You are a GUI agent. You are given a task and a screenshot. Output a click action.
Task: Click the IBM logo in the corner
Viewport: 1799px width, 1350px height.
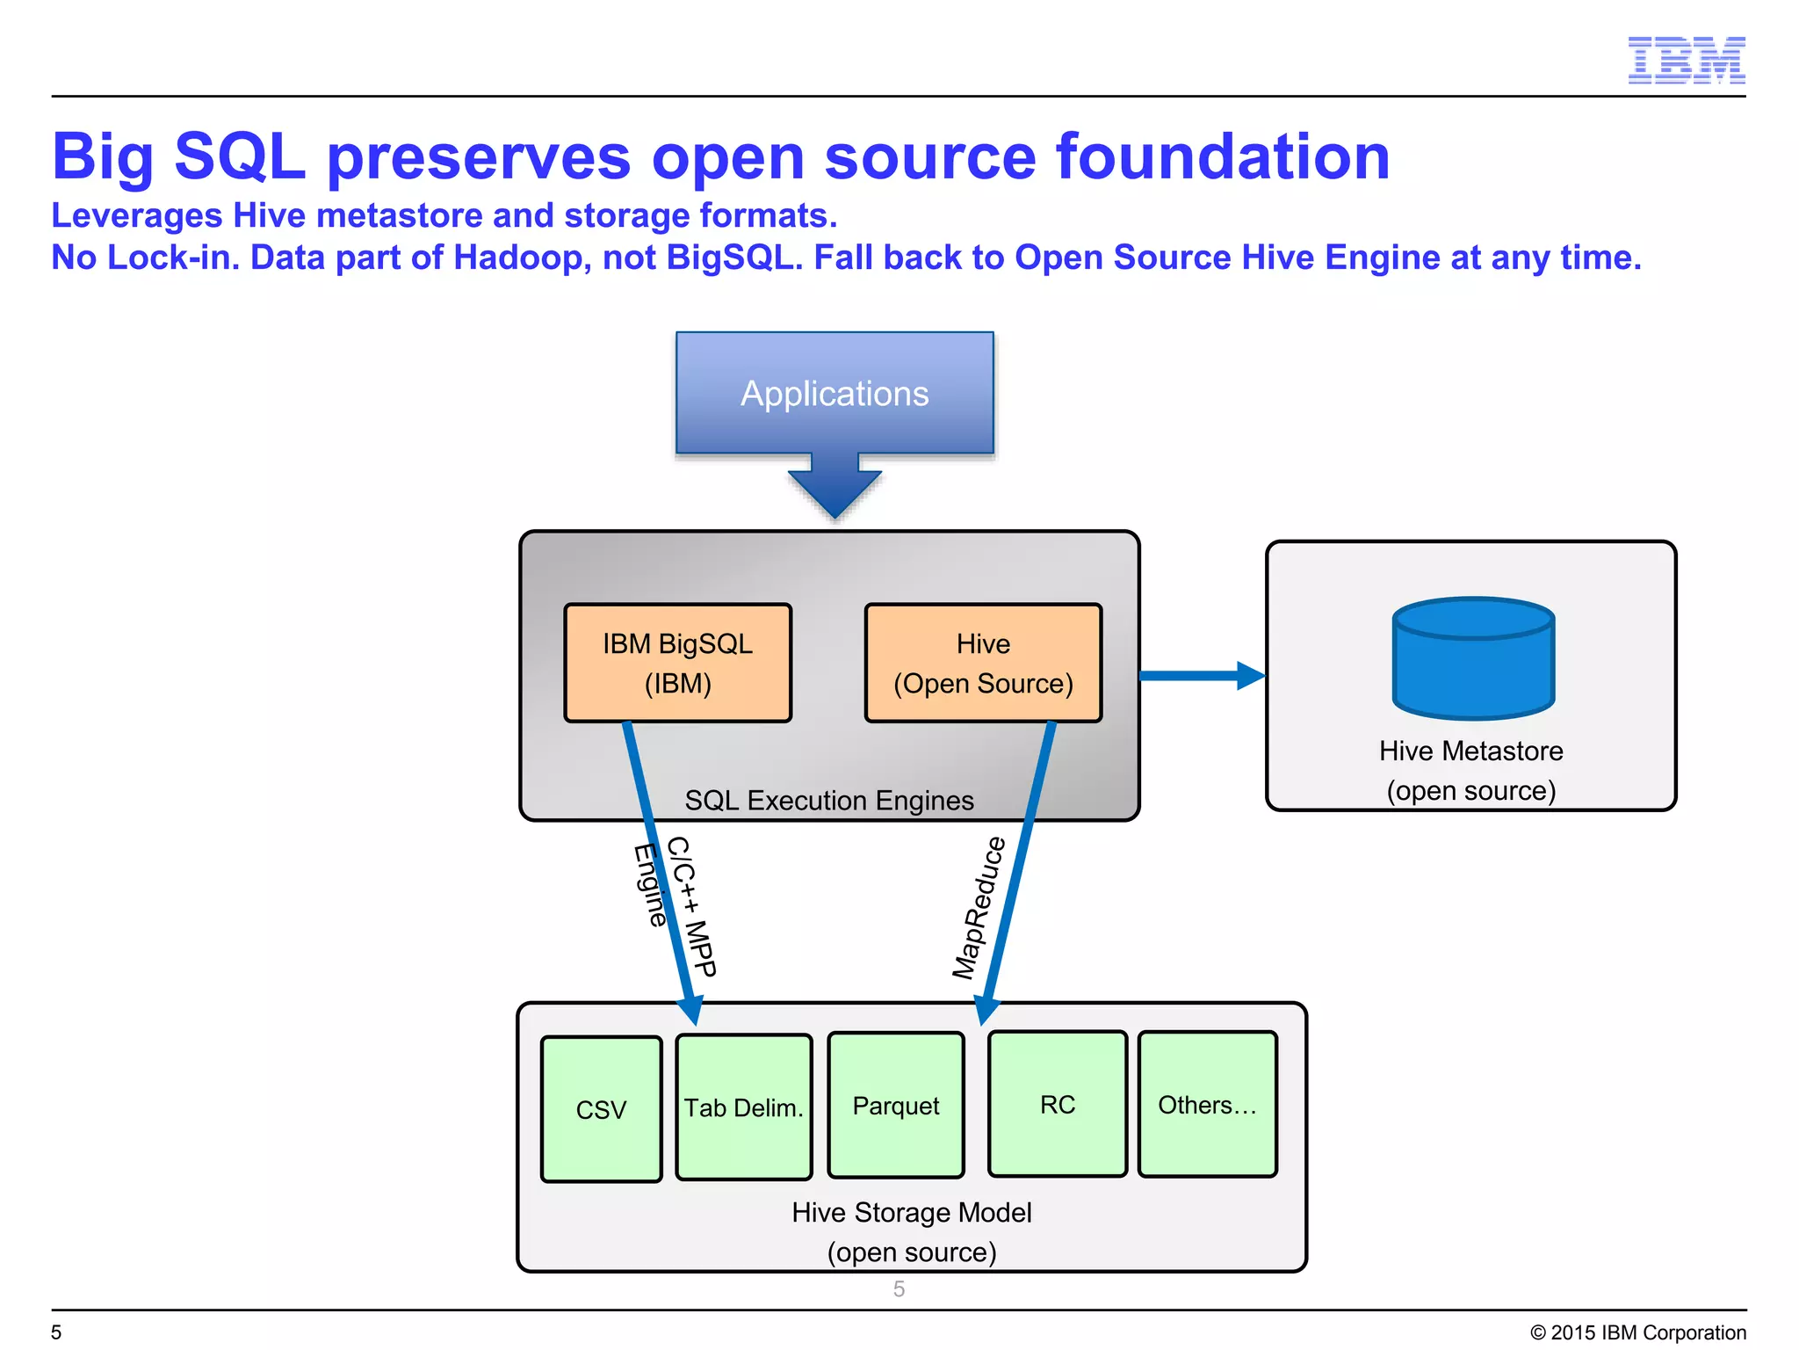coord(1686,60)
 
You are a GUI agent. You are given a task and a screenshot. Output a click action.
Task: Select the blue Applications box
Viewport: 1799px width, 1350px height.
coord(834,393)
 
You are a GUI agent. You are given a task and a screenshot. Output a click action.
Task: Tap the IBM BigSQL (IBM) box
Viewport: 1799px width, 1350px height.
coord(677,663)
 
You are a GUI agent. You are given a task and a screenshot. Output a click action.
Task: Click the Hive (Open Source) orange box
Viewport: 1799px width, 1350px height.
coord(983,663)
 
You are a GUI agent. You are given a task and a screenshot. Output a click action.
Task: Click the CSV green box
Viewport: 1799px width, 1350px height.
coord(601,1109)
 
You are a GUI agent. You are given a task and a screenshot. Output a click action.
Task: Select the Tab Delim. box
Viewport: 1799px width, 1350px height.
coord(743,1107)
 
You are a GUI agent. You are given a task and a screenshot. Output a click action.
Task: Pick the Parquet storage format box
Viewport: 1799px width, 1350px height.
coord(895,1105)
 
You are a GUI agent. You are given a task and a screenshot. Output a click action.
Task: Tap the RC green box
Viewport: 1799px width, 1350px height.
coord(1057,1104)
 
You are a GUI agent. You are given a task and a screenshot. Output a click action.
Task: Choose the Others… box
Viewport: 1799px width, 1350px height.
coord(1207,1104)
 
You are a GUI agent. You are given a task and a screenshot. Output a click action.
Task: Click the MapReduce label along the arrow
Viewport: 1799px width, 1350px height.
coord(979,908)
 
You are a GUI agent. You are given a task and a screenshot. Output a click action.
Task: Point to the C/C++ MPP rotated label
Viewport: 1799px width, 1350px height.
coord(692,906)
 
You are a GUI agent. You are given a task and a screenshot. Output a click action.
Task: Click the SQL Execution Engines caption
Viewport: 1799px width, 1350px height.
coord(829,800)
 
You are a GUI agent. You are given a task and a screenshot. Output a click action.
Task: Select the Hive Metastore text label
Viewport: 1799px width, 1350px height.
coord(1470,751)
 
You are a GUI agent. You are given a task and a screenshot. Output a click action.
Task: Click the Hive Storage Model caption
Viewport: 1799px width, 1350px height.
coord(911,1212)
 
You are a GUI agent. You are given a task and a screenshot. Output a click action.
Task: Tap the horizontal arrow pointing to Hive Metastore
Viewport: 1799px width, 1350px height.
coord(1200,676)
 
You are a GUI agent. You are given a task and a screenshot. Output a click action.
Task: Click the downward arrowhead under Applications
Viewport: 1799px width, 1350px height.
coord(834,494)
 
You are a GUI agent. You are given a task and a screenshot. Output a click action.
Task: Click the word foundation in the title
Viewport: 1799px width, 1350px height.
coord(1222,157)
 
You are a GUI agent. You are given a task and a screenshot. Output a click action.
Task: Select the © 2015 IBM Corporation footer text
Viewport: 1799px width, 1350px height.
coord(1637,1332)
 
